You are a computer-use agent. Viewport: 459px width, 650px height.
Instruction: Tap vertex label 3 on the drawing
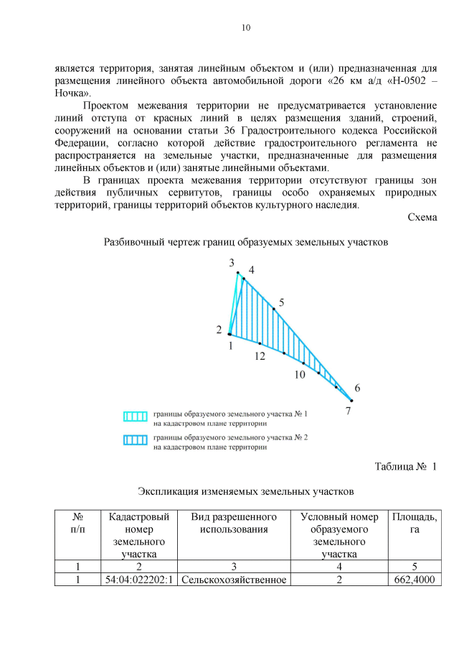click(232, 264)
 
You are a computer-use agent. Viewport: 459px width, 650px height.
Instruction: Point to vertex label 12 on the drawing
click(259, 356)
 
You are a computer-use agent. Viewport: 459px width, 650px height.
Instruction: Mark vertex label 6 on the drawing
click(357, 388)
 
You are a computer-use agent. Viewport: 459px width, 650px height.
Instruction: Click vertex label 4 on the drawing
click(251, 270)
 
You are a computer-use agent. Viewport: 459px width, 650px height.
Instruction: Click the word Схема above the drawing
click(422, 217)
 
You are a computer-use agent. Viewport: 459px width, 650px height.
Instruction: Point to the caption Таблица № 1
click(405, 467)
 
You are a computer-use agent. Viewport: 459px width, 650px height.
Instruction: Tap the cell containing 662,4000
click(415, 580)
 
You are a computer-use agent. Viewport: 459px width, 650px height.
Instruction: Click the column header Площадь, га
click(415, 524)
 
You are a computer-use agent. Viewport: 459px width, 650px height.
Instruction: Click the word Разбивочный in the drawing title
click(136, 242)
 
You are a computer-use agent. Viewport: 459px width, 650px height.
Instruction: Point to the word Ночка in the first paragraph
click(72, 93)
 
